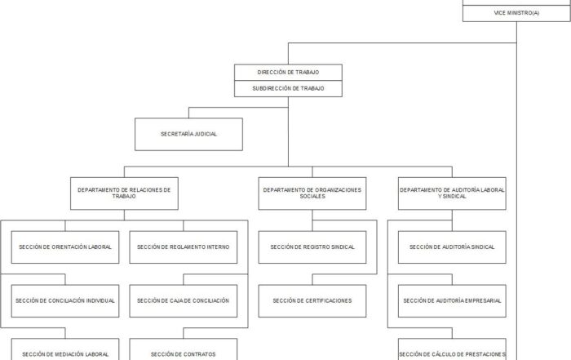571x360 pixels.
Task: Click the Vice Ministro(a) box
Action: coord(516,13)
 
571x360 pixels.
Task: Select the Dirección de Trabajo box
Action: coord(288,73)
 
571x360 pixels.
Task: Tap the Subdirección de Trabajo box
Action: coord(288,88)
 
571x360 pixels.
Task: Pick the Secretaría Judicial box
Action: coord(188,134)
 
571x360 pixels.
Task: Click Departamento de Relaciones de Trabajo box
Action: coord(124,193)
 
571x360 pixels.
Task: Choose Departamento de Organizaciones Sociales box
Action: coord(312,193)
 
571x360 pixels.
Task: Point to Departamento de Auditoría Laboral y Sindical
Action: coord(452,193)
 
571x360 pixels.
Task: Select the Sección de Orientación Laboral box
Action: coord(65,247)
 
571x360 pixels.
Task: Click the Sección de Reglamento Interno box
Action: coord(184,247)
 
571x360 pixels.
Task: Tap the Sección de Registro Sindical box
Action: coord(312,247)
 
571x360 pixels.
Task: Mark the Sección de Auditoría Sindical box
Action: coord(452,247)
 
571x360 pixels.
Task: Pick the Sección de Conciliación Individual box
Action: coord(65,301)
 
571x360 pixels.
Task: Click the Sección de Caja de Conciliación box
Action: coord(184,301)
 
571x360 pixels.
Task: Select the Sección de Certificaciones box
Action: coord(312,301)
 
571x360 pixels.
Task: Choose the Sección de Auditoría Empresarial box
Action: coord(452,301)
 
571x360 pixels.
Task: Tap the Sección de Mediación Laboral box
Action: coord(65,349)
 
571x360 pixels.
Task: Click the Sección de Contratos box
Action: coord(184,349)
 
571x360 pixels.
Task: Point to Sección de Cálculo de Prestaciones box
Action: coord(452,349)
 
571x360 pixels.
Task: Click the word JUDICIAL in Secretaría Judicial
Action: coord(205,134)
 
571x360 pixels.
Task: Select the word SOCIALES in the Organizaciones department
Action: coord(312,197)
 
